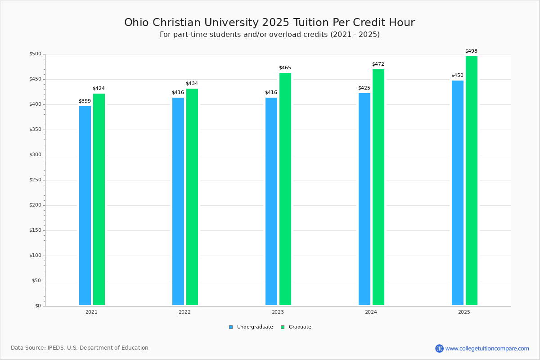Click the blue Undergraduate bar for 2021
(85, 206)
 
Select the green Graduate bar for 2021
(99, 199)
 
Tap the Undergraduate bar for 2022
(178, 201)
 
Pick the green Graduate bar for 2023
(285, 189)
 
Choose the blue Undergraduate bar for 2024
(364, 199)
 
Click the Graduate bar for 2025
(472, 180)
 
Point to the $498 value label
(471, 51)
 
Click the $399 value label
(85, 101)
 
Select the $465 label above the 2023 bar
(285, 68)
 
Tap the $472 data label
(378, 64)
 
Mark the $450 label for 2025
(457, 76)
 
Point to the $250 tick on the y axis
(35, 180)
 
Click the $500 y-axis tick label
(35, 54)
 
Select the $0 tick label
(37, 306)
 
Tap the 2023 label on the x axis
(278, 312)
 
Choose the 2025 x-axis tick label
(464, 312)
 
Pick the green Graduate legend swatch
(283, 327)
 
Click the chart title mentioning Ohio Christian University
(270, 22)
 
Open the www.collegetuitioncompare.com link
(487, 348)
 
